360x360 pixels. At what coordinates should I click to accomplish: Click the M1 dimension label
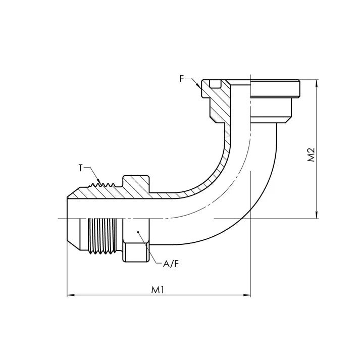158,290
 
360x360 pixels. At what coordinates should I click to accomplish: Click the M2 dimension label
311,155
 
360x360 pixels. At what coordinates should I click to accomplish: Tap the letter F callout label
182,79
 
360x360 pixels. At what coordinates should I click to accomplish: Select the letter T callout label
80,168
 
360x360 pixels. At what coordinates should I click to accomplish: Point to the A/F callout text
171,264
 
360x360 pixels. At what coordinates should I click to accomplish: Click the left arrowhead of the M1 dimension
70,295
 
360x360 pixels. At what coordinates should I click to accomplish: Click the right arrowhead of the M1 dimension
247,295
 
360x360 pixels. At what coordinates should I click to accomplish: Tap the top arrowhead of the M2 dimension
317,83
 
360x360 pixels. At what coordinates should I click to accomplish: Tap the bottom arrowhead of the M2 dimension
317,215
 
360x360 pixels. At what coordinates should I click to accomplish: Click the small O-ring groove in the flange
215,84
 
